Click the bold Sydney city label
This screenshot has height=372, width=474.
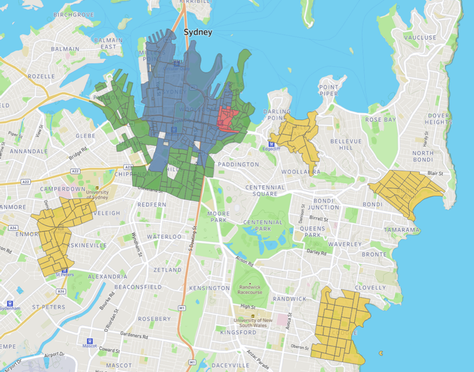point(197,31)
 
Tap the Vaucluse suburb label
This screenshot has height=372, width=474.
point(421,38)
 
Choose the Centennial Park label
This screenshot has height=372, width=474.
point(263,226)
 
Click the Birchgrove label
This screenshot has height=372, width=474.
point(74,14)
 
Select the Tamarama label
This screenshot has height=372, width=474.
point(402,230)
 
